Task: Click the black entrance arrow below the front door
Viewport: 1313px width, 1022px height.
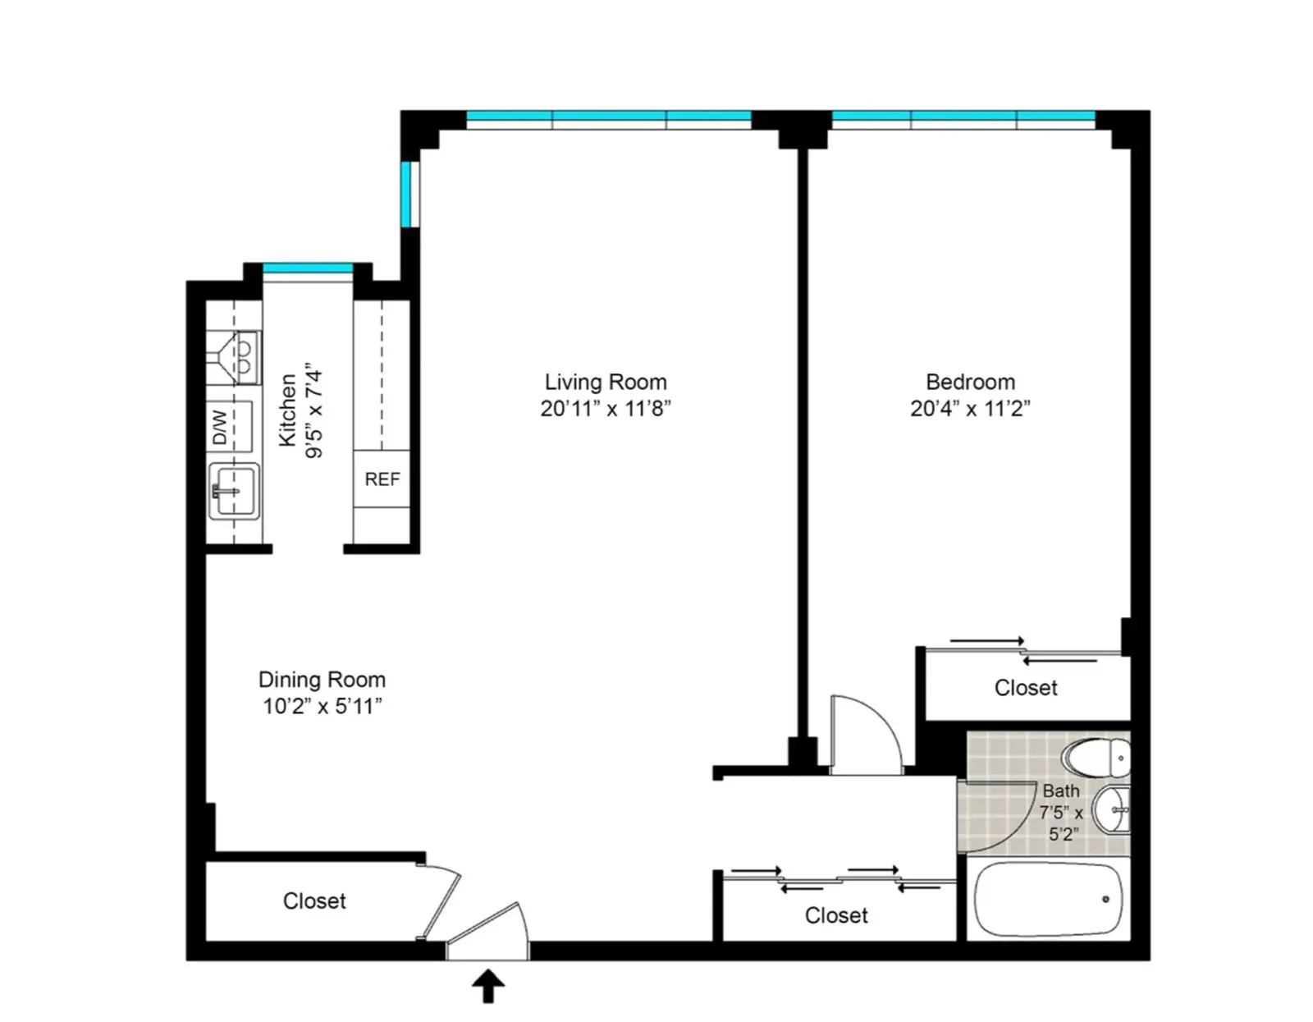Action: [x=487, y=986]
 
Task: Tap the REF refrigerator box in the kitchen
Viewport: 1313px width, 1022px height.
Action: [x=382, y=479]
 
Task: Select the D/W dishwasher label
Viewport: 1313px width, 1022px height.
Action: [x=220, y=427]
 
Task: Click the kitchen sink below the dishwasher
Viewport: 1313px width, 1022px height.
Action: [x=234, y=491]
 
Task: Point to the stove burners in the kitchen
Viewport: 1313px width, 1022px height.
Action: [x=244, y=358]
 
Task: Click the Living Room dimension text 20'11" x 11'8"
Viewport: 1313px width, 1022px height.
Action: [x=606, y=408]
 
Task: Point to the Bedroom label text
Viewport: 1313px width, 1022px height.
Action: [x=970, y=382]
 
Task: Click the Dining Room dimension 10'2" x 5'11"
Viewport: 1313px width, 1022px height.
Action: [x=322, y=706]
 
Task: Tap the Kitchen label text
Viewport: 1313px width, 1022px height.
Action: [x=287, y=410]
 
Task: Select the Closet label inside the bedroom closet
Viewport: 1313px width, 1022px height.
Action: [x=1026, y=688]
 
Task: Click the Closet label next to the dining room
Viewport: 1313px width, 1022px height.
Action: [x=314, y=901]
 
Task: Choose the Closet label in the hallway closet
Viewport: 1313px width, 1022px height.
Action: [x=836, y=915]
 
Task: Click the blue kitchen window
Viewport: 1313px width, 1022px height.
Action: [x=308, y=268]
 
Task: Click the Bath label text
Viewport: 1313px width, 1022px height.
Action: [x=1060, y=791]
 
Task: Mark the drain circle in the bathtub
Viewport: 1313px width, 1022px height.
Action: [x=1105, y=900]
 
